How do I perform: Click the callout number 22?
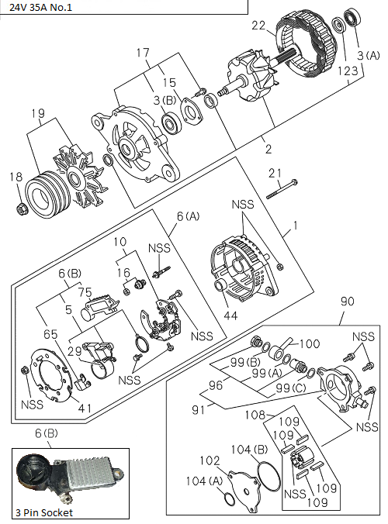(258, 26)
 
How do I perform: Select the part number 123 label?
(348, 70)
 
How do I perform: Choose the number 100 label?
(310, 343)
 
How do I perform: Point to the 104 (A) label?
(199, 481)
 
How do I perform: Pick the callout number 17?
(143, 53)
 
